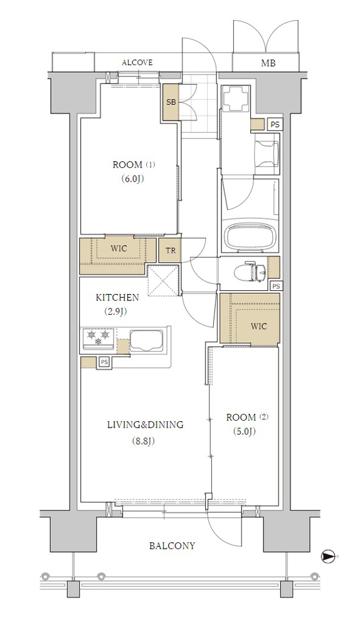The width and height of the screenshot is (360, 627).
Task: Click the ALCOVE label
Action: (x=137, y=63)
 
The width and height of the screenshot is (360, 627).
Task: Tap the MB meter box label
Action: (x=268, y=63)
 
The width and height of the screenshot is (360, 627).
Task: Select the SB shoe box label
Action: (x=171, y=102)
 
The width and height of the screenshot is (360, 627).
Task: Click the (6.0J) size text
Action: (x=132, y=179)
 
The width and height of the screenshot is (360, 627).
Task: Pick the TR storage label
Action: (x=171, y=251)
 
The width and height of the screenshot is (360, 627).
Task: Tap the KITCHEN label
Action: (x=117, y=297)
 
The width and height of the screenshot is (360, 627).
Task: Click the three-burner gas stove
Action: (x=98, y=338)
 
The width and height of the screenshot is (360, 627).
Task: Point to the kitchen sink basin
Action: (x=146, y=340)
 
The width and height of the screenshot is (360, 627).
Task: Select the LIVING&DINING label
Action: (x=146, y=424)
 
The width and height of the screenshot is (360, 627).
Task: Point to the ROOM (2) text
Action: (x=247, y=418)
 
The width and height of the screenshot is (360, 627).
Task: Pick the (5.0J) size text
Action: (x=244, y=431)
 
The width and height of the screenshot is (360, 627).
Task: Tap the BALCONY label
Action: (x=172, y=546)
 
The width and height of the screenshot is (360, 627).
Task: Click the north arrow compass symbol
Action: (x=327, y=556)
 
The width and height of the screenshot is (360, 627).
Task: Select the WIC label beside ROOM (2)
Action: (x=258, y=326)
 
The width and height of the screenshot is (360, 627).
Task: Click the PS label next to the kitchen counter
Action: (x=104, y=362)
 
